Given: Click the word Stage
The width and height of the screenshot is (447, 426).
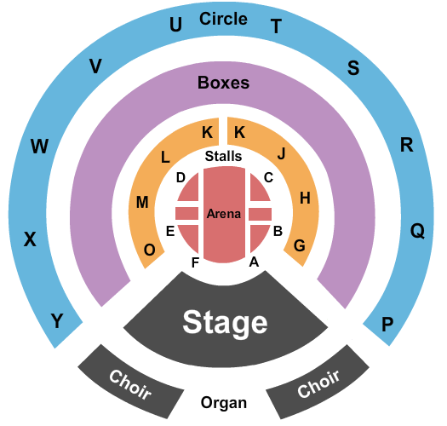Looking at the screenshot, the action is [x=225, y=323].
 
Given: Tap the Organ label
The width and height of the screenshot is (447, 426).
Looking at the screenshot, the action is [x=224, y=404].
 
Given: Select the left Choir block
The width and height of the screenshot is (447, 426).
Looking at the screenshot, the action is [x=131, y=382].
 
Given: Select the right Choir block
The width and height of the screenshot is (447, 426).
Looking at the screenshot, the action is [x=318, y=382].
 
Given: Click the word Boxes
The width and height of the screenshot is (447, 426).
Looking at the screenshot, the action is [x=223, y=83].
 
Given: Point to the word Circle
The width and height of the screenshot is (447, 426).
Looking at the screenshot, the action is [x=223, y=19].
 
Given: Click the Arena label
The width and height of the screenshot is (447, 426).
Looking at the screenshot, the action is [x=224, y=214].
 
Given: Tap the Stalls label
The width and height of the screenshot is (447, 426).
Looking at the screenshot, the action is [x=223, y=156].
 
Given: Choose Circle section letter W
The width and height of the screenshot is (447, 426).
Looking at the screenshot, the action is [x=39, y=146].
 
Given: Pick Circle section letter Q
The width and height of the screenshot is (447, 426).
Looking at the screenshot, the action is [x=418, y=231].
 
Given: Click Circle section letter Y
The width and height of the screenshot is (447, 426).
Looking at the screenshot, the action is [x=57, y=320].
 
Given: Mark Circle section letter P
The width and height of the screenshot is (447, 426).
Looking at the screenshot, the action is [x=387, y=324].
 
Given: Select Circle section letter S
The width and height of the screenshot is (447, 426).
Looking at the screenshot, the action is [x=353, y=68].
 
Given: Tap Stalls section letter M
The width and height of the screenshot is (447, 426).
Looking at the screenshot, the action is [x=142, y=202].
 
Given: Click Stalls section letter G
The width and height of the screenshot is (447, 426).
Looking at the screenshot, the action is [x=300, y=245].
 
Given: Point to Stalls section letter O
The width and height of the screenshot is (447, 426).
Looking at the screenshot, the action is [x=150, y=250].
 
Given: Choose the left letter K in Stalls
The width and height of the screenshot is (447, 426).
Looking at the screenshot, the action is [x=207, y=132].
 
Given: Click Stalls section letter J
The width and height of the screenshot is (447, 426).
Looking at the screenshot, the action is [x=281, y=154].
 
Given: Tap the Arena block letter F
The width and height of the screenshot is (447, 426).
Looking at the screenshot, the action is [x=195, y=262].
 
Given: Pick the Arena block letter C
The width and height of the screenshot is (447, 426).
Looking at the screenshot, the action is [x=268, y=177].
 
